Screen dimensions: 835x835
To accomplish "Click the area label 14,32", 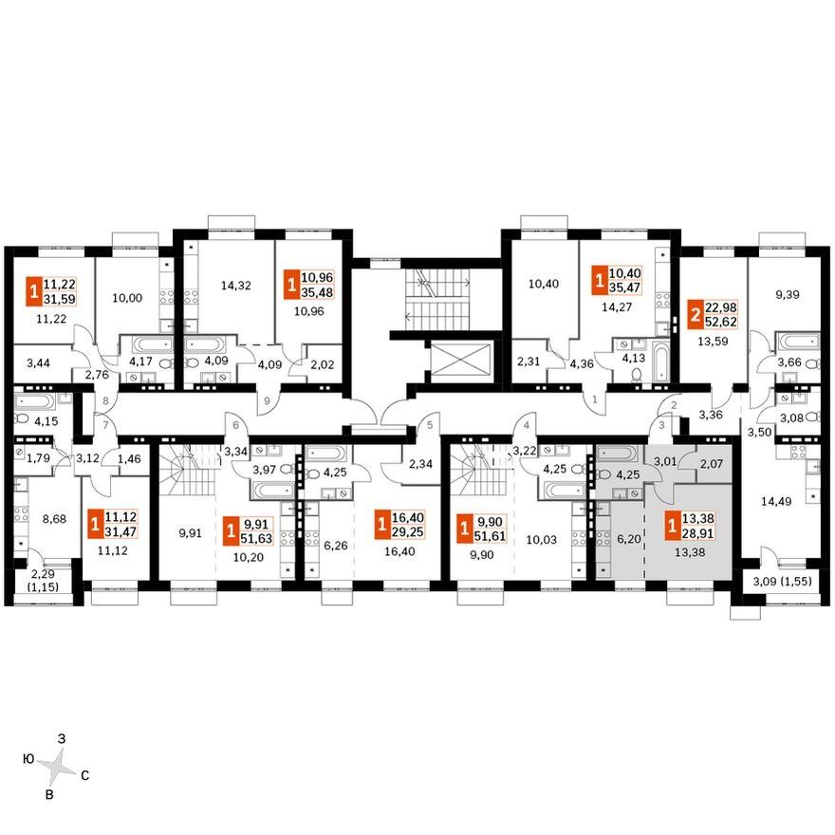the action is click(236, 286).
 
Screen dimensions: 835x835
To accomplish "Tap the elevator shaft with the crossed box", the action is click(462, 362).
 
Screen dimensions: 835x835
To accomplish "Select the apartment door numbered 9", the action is click(267, 399).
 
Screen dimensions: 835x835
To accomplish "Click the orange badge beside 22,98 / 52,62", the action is click(695, 314).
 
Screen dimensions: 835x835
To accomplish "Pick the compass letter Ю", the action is click(29, 758).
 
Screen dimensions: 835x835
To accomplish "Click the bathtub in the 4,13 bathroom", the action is click(659, 363).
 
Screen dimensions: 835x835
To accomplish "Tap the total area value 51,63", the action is click(256, 538).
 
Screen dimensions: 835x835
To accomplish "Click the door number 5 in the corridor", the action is click(430, 425).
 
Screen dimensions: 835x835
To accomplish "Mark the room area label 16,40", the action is click(399, 551).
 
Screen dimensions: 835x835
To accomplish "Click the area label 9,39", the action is click(787, 294).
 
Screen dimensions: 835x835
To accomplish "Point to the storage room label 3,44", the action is click(38, 363).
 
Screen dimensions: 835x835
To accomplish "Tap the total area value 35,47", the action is click(624, 288).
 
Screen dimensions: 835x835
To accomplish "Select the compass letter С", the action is click(84, 776).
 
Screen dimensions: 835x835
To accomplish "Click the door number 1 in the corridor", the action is click(594, 399).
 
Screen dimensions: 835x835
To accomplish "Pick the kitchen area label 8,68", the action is click(54, 518).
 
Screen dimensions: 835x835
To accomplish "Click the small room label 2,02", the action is click(322, 364).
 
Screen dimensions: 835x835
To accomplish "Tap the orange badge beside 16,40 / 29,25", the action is click(381, 524).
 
